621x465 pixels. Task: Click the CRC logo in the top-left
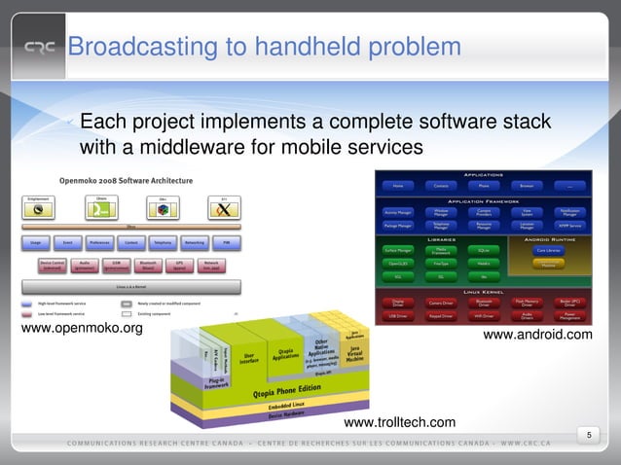tap(40, 48)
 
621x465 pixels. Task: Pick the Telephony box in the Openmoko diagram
tap(162, 241)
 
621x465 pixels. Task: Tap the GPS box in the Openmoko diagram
tap(179, 264)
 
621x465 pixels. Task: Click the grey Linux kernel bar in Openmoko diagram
tap(130, 288)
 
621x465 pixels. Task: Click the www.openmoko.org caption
tap(82, 328)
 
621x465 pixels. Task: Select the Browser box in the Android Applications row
tap(526, 185)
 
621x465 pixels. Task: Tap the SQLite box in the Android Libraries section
tap(483, 250)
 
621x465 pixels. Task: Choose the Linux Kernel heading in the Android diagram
tap(484, 291)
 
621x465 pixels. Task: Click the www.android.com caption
tap(537, 336)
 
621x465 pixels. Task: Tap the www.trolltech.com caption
tap(399, 422)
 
